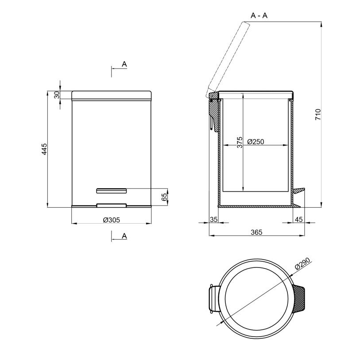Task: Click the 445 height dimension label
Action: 44,149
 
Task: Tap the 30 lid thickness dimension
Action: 57,95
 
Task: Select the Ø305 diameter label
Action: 111,220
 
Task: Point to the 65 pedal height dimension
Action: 164,197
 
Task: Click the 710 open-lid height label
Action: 318,114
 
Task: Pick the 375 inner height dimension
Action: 240,142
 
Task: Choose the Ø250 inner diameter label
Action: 256,142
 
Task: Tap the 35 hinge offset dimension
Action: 213,220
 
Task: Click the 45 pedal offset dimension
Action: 298,220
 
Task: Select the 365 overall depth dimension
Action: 256,232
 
